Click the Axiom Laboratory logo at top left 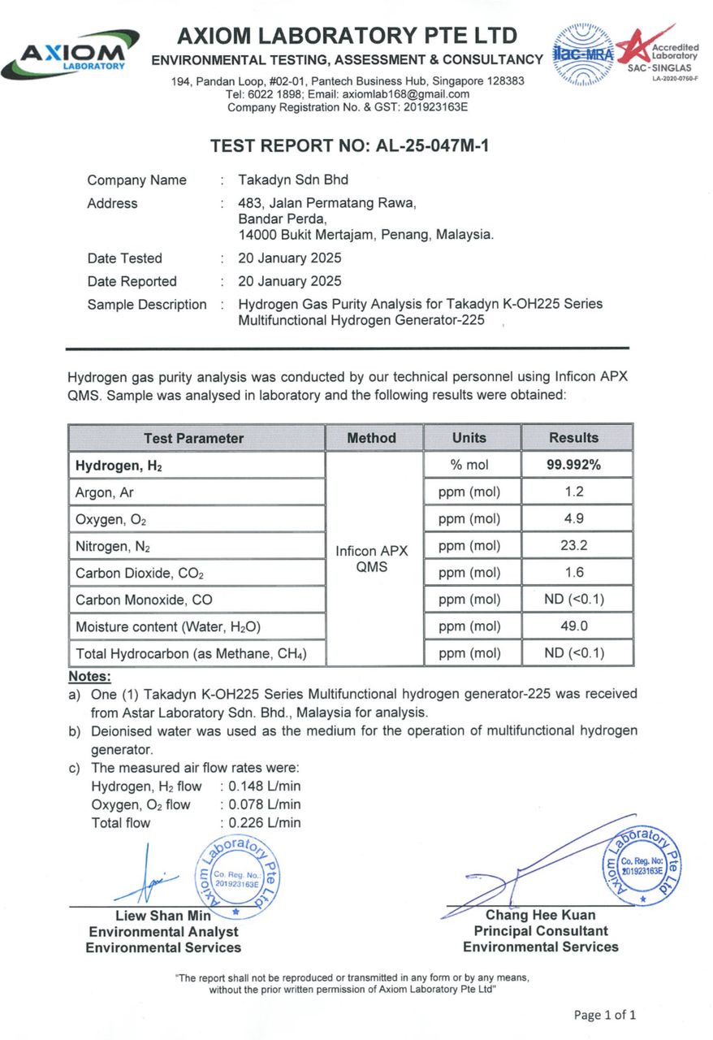[x=71, y=56]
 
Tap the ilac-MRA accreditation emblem [x=584, y=54]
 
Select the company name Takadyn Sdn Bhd [x=293, y=180]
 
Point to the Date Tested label [x=125, y=258]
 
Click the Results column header [x=573, y=438]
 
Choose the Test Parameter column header [x=193, y=438]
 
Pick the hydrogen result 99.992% [x=573, y=466]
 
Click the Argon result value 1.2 [x=573, y=492]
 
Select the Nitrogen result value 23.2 [x=573, y=546]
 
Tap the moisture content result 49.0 [x=573, y=626]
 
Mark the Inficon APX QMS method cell [x=372, y=559]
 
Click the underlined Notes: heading [x=89, y=676]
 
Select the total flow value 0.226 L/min [x=265, y=822]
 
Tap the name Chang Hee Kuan [x=540, y=916]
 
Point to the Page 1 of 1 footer [x=604, y=1015]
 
